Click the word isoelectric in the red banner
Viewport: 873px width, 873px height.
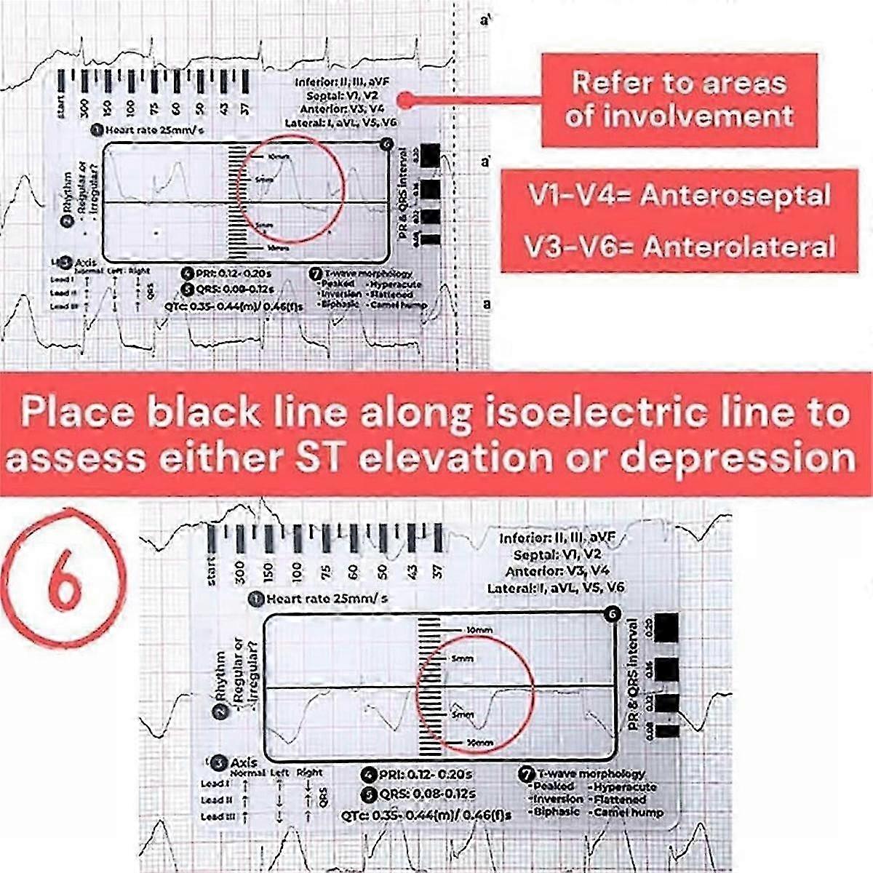coord(581,412)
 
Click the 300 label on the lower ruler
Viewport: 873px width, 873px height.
coord(240,573)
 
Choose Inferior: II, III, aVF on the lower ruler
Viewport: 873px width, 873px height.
coord(557,538)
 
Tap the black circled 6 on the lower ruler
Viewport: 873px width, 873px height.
coord(612,615)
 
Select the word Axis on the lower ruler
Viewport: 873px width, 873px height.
coord(244,762)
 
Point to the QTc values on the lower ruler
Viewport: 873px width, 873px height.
coord(426,815)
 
